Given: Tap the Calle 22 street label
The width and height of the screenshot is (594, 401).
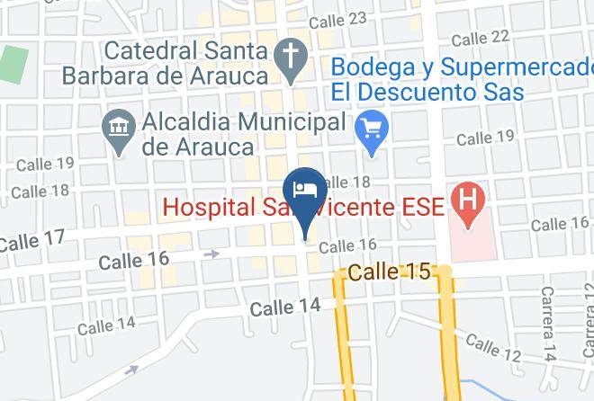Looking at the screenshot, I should [481, 38].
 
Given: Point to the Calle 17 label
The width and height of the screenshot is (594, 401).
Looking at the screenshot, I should [31, 240].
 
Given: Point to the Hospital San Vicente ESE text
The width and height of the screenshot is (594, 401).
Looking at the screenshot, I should [303, 208].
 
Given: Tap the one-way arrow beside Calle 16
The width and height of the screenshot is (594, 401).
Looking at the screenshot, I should [212, 254].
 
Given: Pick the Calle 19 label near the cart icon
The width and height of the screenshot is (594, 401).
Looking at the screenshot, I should [485, 138].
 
